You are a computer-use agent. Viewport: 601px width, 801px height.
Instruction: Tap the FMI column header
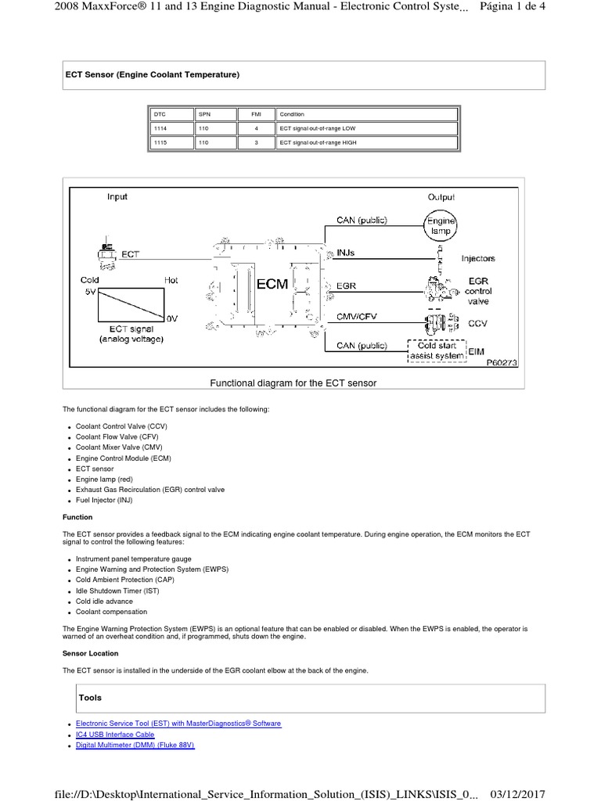click(x=256, y=114)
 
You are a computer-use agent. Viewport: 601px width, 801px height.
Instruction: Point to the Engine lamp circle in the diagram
click(x=440, y=227)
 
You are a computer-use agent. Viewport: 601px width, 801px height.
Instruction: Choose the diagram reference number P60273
click(x=501, y=363)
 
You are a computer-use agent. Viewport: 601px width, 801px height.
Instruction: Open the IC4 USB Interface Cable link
click(x=115, y=735)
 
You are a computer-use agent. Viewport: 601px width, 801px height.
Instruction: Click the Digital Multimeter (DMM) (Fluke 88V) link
click(x=135, y=745)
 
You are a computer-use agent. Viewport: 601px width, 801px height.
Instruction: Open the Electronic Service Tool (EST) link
click(x=178, y=724)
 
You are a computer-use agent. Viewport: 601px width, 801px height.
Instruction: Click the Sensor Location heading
click(x=91, y=653)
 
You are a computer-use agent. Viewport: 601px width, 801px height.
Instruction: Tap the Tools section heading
click(x=90, y=697)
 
